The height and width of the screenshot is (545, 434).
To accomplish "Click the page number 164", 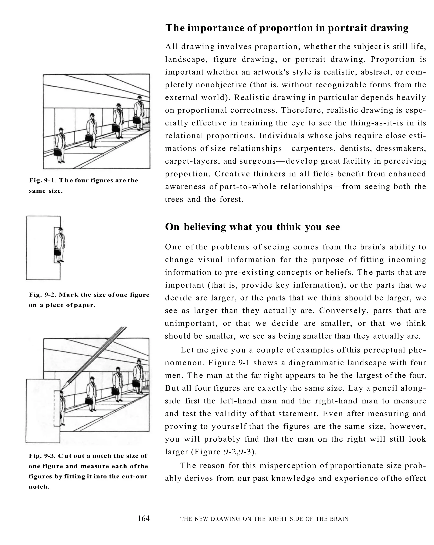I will click(x=143, y=519).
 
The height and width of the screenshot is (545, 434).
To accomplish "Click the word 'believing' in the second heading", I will click(x=205, y=227).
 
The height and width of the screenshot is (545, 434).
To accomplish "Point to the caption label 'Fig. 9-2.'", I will click(x=43, y=295).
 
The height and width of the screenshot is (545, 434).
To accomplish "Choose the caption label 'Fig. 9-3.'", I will click(x=42, y=456).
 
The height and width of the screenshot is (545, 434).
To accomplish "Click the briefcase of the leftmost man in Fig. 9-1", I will click(x=58, y=152).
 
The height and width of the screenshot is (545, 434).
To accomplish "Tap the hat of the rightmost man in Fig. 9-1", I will click(x=139, y=97).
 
